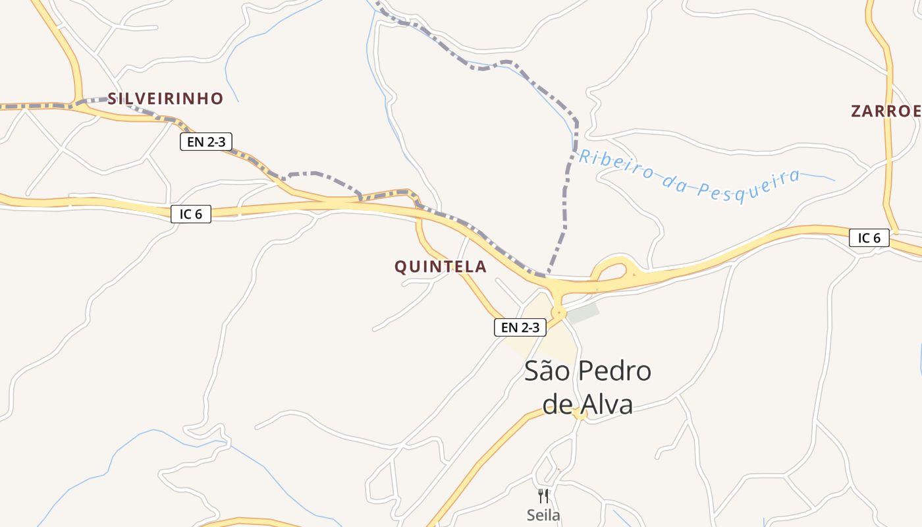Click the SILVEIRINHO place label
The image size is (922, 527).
pyautogui.click(x=165, y=99)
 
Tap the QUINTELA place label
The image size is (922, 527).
pyautogui.click(x=441, y=267)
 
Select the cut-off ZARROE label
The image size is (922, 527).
pyautogui.click(x=885, y=111)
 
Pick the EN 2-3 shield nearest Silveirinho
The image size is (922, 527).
pyautogui.click(x=206, y=142)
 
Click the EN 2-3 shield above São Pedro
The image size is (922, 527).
pyautogui.click(x=520, y=327)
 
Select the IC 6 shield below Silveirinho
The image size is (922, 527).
pyautogui.click(x=191, y=214)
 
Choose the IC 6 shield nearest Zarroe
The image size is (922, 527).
pyautogui.click(x=869, y=238)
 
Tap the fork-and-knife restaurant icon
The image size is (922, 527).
pyautogui.click(x=543, y=495)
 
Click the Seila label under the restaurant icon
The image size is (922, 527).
pyautogui.click(x=543, y=515)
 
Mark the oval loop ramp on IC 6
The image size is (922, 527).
pyautogui.click(x=611, y=271)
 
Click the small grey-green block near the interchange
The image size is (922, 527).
pyautogui.click(x=583, y=314)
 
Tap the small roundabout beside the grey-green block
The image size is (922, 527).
pyautogui.click(x=560, y=311)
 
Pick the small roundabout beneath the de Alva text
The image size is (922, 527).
pyautogui.click(x=580, y=414)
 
